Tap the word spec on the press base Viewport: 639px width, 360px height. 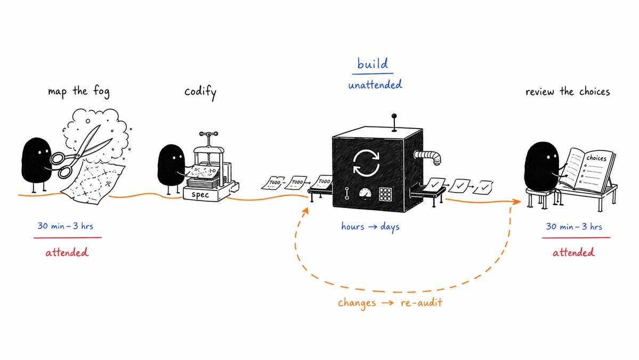[200, 195]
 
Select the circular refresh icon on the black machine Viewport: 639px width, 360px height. [366, 163]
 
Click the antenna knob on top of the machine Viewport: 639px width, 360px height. [394, 117]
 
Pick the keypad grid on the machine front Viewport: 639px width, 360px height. [385, 195]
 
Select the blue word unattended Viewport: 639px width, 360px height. [375, 84]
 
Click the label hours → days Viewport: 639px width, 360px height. [370, 227]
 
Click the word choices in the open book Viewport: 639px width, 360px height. [596, 158]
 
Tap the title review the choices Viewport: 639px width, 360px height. [567, 91]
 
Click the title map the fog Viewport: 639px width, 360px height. [79, 91]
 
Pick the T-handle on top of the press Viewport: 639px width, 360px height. [208, 134]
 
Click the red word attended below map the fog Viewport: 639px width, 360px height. [67, 252]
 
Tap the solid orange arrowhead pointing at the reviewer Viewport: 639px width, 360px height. [517, 202]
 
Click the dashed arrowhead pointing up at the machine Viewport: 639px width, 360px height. [305, 211]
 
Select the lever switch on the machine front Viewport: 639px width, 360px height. [347, 193]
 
